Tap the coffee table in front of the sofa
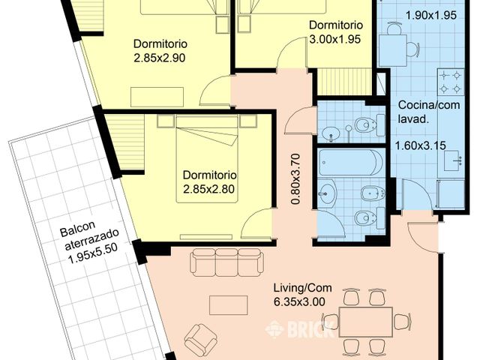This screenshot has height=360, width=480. tap(228, 304)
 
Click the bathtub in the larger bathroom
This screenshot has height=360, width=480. tap(349, 162)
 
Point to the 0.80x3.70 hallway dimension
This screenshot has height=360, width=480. tap(296, 179)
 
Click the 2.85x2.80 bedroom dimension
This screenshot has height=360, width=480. tap(209, 189)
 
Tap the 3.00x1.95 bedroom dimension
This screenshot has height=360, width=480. tap(340, 38)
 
